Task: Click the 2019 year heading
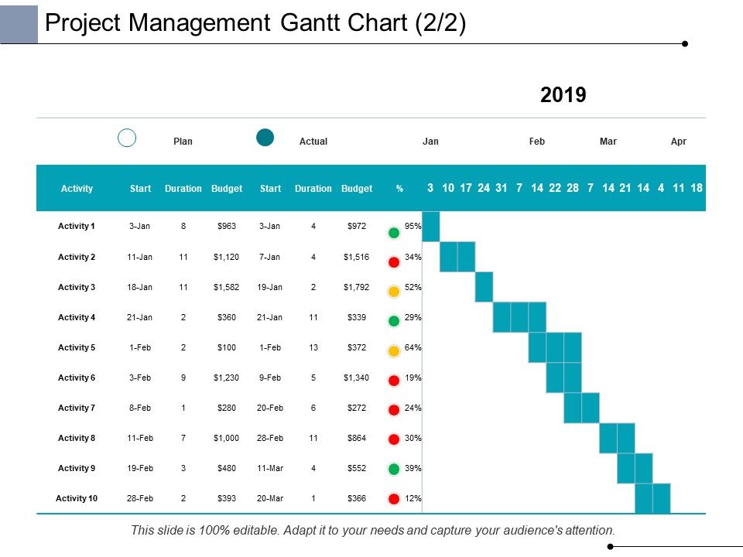coord(563,95)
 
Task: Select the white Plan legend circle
coord(127,138)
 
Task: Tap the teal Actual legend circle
coord(265,138)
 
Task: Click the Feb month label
coord(537,142)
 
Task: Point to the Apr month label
coord(679,142)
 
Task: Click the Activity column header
coord(77,189)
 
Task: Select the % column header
coord(399,189)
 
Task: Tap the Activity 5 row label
coord(77,347)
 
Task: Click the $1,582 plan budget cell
coord(227,287)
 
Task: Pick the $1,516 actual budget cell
coord(357,257)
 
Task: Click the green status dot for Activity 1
coord(394,232)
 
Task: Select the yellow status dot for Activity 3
coord(394,292)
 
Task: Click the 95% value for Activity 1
coord(413,227)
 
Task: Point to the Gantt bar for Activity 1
coord(431,227)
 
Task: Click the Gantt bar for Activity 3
coord(484,287)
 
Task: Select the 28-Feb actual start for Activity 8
coord(271,438)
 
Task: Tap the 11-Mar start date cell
coord(271,468)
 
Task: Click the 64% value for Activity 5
coord(413,347)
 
